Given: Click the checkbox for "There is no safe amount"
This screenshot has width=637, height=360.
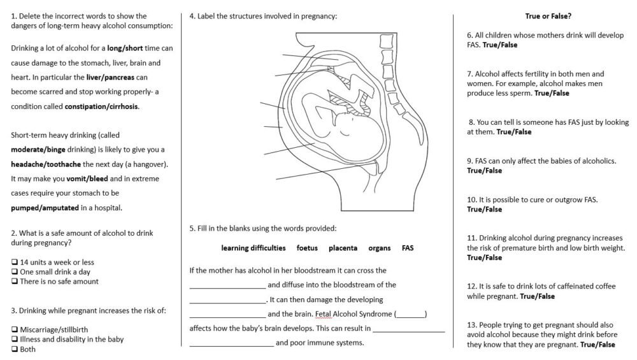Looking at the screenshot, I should click(x=15, y=282).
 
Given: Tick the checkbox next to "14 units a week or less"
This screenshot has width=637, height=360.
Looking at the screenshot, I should click(x=15, y=262).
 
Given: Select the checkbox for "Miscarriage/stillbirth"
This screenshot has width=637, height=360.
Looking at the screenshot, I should click(x=15, y=330).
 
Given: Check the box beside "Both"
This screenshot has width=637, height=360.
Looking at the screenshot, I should click(x=15, y=349).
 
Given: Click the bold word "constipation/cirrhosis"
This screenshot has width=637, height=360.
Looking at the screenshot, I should click(x=101, y=106).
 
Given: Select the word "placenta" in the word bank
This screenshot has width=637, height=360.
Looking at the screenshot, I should click(x=343, y=248).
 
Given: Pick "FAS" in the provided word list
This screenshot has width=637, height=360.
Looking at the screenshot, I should click(x=408, y=248).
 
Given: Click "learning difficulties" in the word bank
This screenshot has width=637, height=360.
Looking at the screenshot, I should click(x=254, y=248).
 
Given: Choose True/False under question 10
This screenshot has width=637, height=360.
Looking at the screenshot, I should click(x=484, y=210).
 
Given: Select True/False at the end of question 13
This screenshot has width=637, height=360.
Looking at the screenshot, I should click(x=598, y=345).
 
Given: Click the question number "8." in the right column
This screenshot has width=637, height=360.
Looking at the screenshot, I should click(x=471, y=122).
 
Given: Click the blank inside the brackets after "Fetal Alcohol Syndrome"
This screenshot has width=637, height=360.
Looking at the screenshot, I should click(x=411, y=314).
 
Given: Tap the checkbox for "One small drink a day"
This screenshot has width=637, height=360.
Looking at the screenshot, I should click(x=15, y=272).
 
